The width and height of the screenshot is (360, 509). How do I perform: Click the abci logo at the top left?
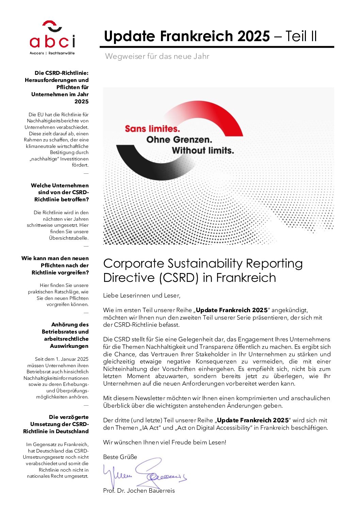point(52,35)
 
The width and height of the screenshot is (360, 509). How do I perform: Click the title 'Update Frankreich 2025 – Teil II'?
point(210,36)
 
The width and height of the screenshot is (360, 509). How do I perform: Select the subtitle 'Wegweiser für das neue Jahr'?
point(157,56)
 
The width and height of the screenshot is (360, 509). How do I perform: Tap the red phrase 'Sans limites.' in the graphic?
point(152,129)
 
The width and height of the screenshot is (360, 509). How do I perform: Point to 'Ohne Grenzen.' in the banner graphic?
point(179,140)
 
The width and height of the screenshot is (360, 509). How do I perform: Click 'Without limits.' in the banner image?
point(203,151)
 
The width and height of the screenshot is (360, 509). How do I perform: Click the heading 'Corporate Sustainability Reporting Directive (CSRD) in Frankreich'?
point(203,271)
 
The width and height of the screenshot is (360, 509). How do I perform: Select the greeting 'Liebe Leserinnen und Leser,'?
point(142,295)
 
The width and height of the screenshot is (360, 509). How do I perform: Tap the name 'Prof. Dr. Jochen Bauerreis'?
point(139,491)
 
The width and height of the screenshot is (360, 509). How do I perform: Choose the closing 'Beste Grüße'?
point(120,457)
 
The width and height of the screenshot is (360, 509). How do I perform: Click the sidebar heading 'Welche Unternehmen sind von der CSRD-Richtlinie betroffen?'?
point(60,192)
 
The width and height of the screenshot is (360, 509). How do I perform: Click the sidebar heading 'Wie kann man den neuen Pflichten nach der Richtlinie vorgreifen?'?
point(55,266)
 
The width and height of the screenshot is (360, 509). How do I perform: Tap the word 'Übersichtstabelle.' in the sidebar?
point(69,238)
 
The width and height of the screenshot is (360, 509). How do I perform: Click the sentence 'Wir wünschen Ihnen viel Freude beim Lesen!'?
point(165,442)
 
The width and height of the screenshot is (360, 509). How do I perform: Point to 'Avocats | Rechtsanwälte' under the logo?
point(52,53)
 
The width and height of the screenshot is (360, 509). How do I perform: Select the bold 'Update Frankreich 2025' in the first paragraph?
point(232,310)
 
